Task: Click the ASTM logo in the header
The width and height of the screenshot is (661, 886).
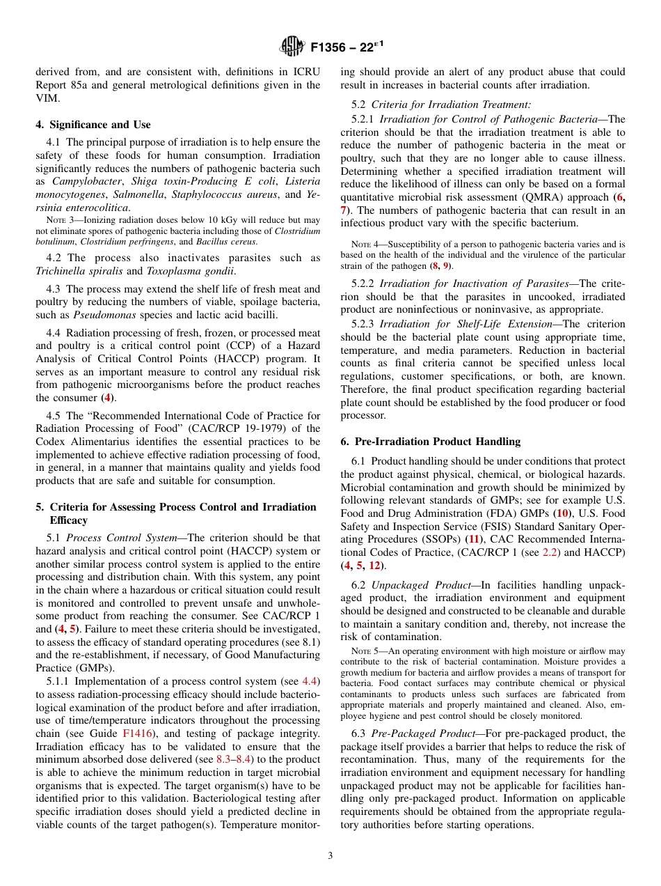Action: point(292,47)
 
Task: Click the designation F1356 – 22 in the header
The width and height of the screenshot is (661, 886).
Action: point(345,47)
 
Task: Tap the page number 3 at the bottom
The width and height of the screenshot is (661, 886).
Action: point(330,855)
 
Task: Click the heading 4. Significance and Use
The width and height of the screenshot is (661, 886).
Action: point(93,125)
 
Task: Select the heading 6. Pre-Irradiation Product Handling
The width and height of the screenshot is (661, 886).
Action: point(430,442)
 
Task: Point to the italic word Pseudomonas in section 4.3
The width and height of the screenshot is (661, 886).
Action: point(97,315)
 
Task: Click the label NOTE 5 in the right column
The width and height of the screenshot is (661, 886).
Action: point(365,651)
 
